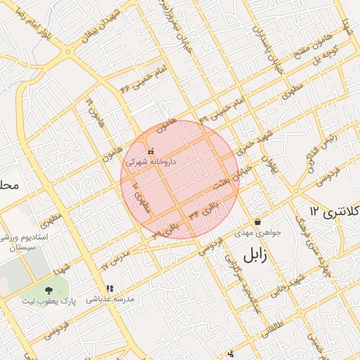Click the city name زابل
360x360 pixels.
pos(256,256)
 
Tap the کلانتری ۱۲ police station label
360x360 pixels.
pos(335,211)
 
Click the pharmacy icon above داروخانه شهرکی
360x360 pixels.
pos(150,151)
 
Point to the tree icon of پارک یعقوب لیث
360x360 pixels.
pos(48,290)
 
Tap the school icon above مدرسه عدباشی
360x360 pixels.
pos(110,288)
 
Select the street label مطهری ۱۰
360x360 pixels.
pos(141,196)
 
